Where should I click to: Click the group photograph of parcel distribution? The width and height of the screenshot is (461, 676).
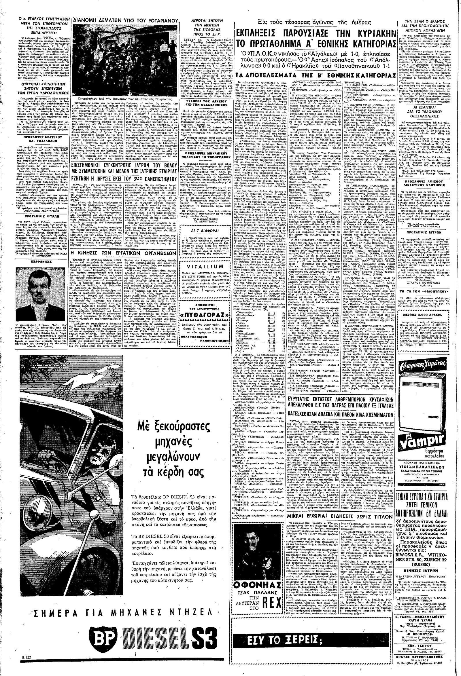pos(125,60)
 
